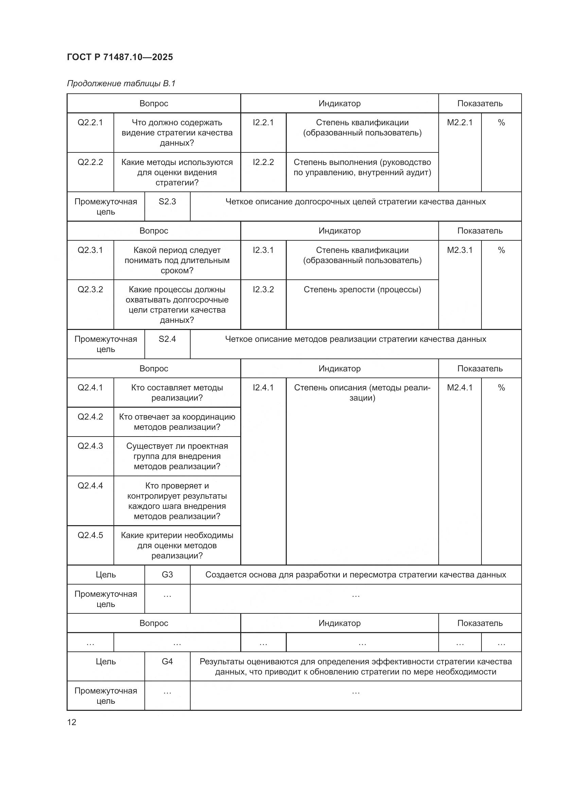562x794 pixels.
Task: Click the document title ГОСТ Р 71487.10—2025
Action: [120, 57]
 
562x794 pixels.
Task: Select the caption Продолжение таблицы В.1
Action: [121, 84]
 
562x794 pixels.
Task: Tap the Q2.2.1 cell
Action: [90, 123]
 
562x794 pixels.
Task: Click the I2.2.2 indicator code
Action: [263, 162]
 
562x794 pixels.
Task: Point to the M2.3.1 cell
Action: [460, 250]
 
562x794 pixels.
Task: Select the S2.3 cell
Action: [167, 202]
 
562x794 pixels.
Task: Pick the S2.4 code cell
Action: [167, 339]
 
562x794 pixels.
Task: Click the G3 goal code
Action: [167, 574]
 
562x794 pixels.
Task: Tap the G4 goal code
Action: [167, 661]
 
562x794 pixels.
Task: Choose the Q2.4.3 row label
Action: [90, 446]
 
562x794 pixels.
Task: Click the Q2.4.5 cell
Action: [90, 535]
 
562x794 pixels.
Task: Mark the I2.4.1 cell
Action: [263, 387]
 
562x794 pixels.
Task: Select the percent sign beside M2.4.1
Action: [501, 388]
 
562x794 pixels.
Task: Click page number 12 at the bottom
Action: [72, 722]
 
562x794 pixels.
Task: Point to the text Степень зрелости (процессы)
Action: [362, 290]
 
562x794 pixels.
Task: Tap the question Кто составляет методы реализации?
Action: [177, 392]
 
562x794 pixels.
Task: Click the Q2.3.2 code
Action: [90, 290]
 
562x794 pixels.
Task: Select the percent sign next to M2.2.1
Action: [501, 123]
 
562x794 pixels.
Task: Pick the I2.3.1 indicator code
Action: [263, 250]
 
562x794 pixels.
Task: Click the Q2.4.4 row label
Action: [90, 485]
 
